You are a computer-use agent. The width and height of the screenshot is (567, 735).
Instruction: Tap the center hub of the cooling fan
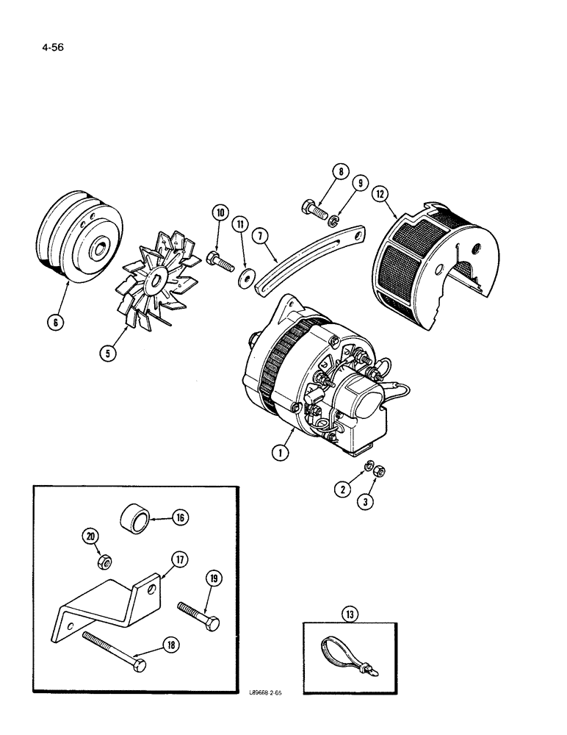click(155, 279)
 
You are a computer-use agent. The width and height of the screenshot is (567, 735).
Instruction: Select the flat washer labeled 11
click(243, 278)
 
